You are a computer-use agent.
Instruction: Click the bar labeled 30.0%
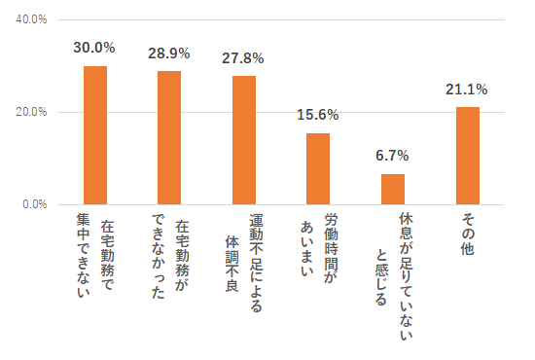[x=95, y=135]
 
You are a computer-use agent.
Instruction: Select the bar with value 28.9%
[x=169, y=137]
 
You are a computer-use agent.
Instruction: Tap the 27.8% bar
[x=244, y=140]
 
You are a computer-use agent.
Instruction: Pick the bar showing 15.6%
[x=318, y=168]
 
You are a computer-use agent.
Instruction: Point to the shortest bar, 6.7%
[x=393, y=189]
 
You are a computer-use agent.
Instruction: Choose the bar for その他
[x=467, y=156]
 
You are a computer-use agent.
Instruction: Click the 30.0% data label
[x=95, y=48]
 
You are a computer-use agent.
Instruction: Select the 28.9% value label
[x=169, y=53]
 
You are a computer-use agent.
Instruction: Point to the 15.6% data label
[x=318, y=115]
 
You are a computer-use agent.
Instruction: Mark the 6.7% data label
[x=393, y=156]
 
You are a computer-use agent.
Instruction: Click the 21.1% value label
[x=467, y=90]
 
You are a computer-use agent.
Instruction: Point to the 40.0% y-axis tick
[x=32, y=19]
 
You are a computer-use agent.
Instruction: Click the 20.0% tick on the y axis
[x=32, y=112]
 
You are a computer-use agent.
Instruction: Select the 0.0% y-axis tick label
[x=35, y=204]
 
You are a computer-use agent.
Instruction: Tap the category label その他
[x=467, y=234]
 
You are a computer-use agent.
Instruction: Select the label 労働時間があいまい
[x=318, y=249]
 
